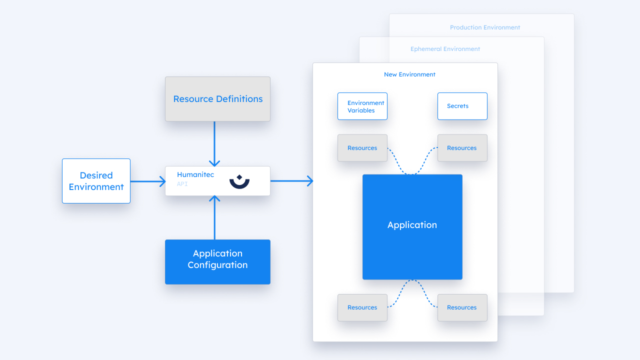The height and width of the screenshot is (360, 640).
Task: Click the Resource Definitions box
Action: [217, 99]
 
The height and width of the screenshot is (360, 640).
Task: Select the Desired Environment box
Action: [96, 181]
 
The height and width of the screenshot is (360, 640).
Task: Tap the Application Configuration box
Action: [217, 262]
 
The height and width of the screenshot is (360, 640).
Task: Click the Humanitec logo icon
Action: [239, 181]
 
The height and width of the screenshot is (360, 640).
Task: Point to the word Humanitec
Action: [195, 174]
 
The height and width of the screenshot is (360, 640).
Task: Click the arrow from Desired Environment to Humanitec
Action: [148, 181]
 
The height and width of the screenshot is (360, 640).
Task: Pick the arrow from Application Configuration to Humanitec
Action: [214, 217]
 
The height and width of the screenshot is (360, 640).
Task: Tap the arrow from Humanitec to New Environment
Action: [291, 181]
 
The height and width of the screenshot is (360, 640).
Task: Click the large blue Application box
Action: [412, 226]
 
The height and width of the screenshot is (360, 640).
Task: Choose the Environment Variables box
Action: [362, 106]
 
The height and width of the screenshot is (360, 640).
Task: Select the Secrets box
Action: [462, 106]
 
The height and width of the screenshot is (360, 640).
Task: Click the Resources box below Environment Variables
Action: [362, 148]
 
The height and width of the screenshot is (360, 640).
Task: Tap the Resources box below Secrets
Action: [462, 148]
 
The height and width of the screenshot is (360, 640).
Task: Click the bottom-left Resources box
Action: [362, 307]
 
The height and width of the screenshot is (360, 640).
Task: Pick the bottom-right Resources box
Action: [462, 307]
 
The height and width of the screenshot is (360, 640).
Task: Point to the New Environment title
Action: [409, 74]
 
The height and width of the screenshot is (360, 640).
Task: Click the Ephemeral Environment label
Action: [445, 49]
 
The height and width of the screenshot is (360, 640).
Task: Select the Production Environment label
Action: [485, 27]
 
